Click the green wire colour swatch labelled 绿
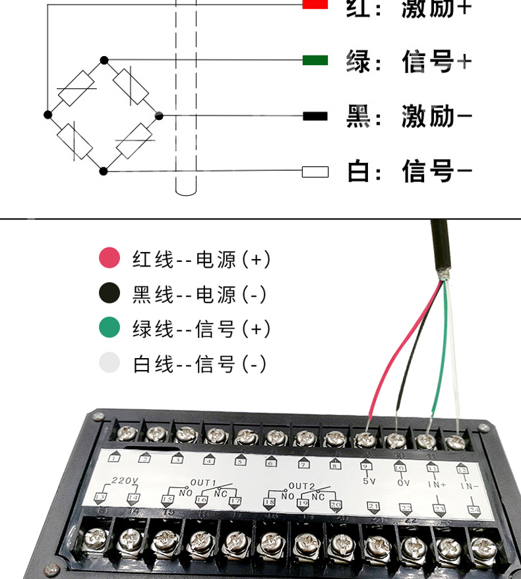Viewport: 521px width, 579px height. (315, 60)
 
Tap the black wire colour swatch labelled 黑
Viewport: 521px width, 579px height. (315, 116)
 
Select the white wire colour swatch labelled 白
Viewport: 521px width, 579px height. (315, 171)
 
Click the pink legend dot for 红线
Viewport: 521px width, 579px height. (109, 258)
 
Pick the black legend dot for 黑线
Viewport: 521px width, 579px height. (109, 293)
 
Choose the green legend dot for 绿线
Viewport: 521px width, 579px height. (109, 328)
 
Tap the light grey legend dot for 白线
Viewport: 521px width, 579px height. (109, 363)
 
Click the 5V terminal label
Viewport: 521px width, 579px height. (369, 481)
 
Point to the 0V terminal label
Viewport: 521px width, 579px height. (402, 482)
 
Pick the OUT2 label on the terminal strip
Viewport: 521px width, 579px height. (301, 485)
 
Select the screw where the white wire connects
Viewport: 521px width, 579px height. (455, 441)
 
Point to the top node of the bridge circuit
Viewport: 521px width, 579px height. (104, 60)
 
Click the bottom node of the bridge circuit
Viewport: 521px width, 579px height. (103, 171)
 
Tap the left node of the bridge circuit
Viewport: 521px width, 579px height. (47, 115)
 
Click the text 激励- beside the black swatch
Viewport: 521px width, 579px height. (437, 117)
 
